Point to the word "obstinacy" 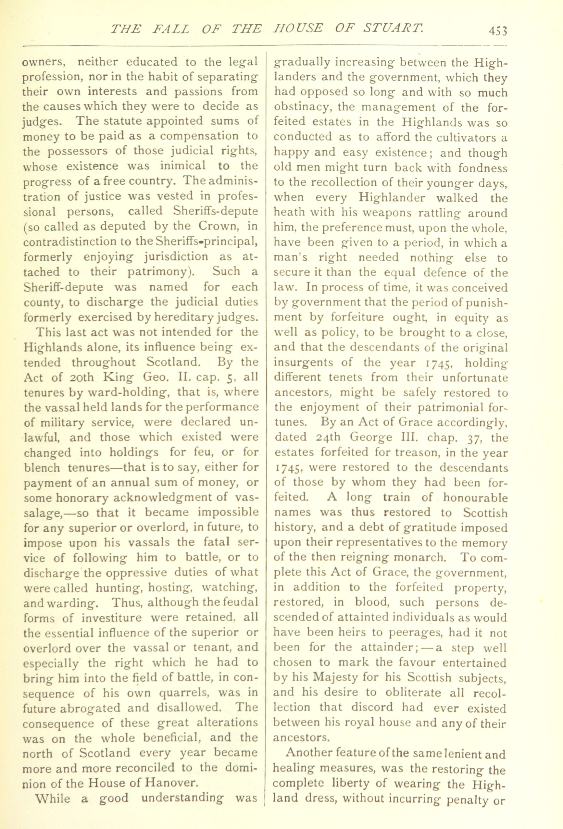click(303, 107)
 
